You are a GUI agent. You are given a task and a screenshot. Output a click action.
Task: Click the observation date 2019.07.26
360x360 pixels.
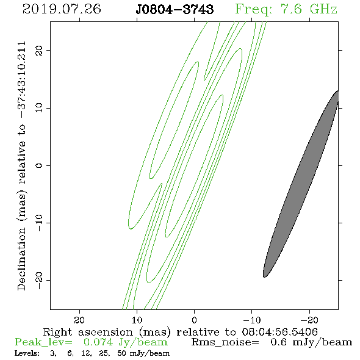click(x=62, y=9)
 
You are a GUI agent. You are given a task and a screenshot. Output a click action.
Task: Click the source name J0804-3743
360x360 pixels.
click(x=175, y=10)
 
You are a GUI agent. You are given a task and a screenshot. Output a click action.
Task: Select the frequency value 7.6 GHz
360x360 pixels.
click(x=309, y=9)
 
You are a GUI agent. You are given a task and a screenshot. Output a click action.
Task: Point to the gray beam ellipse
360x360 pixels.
click(x=301, y=184)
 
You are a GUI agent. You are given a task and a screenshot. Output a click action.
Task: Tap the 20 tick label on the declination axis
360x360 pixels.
click(x=39, y=51)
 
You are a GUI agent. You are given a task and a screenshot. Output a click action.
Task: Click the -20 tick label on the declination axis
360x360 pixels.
click(x=39, y=280)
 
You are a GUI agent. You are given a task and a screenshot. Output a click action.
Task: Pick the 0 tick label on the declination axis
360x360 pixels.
click(x=39, y=165)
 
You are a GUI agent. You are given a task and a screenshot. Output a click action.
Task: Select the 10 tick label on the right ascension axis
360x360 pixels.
click(x=137, y=320)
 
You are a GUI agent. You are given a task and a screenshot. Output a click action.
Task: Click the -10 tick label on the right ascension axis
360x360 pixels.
click(x=252, y=320)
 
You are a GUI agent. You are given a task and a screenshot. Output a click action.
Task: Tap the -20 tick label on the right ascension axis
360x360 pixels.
click(x=309, y=320)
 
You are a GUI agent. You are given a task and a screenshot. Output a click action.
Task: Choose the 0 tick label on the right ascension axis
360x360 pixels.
click(x=195, y=320)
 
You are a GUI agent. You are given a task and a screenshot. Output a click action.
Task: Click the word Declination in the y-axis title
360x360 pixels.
click(x=21, y=259)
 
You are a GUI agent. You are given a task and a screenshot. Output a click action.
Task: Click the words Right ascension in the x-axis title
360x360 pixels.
click(x=88, y=332)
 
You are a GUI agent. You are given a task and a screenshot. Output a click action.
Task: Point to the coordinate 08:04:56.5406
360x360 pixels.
click(x=279, y=332)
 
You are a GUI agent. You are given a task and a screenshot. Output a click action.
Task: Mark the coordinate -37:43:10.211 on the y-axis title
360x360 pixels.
click(x=22, y=80)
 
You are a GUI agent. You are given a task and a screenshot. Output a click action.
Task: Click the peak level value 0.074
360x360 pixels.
click(x=98, y=342)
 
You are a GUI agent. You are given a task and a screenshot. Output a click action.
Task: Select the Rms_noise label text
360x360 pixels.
click(x=225, y=342)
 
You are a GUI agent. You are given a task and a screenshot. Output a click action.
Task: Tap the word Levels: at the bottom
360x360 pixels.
click(x=27, y=353)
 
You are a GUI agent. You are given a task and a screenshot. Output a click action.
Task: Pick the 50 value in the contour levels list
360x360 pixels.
click(x=121, y=353)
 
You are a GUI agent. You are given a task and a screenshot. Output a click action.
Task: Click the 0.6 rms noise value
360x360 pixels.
click(x=278, y=342)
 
